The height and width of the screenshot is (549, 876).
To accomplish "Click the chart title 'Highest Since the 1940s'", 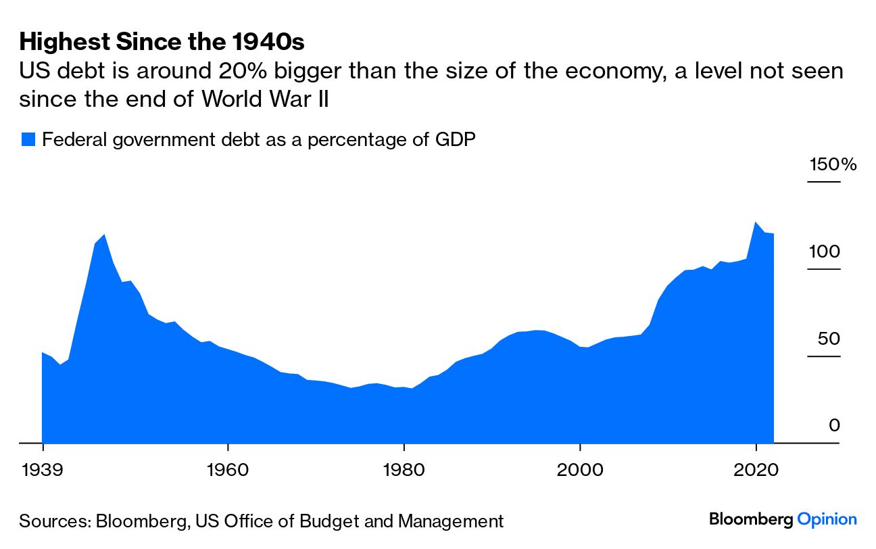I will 162,43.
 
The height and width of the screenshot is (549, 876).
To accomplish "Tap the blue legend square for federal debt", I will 28,140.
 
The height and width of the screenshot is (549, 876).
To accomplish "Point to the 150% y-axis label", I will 833,165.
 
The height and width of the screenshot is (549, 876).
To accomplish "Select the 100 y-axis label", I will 824,252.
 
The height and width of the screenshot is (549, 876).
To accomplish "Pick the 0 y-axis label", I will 834,425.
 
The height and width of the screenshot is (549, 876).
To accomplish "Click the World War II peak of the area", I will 104,235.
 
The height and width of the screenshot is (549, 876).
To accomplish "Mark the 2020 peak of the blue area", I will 756,222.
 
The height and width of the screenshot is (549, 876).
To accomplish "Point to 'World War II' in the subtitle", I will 265,100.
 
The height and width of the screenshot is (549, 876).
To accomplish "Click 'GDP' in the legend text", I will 456,140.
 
